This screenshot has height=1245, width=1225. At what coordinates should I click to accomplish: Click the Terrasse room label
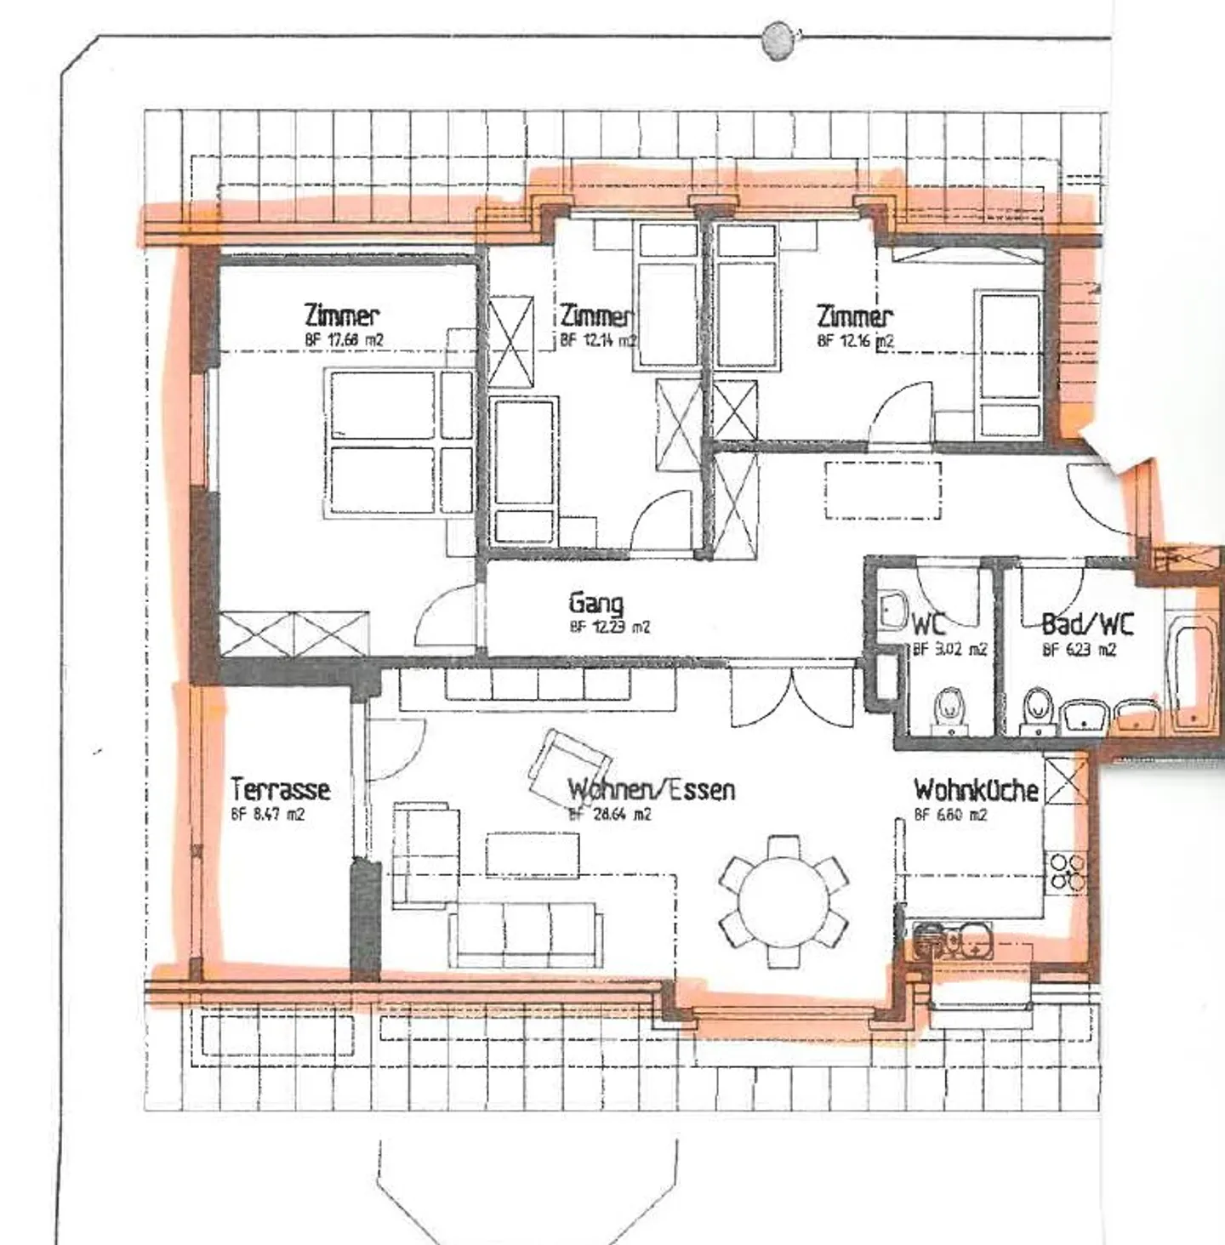tap(280, 789)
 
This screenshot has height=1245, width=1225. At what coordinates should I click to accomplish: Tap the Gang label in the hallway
tap(595, 604)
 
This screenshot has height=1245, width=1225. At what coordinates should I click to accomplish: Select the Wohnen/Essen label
tap(651, 790)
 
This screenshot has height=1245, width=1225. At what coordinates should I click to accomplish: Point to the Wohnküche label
tap(976, 790)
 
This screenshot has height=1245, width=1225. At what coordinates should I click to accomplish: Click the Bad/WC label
tap(1087, 625)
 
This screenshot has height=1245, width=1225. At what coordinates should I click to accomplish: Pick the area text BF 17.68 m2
tap(344, 340)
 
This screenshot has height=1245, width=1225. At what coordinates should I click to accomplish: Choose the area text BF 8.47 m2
tap(267, 815)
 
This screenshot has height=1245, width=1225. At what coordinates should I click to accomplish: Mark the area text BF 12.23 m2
tap(609, 628)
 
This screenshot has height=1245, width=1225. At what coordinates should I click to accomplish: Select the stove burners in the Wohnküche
tap(1066, 872)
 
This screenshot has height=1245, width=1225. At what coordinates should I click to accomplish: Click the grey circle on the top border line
tap(777, 40)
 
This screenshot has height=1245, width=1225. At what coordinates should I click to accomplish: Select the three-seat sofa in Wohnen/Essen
tap(526, 934)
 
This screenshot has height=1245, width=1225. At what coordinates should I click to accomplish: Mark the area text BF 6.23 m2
tap(1079, 651)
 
